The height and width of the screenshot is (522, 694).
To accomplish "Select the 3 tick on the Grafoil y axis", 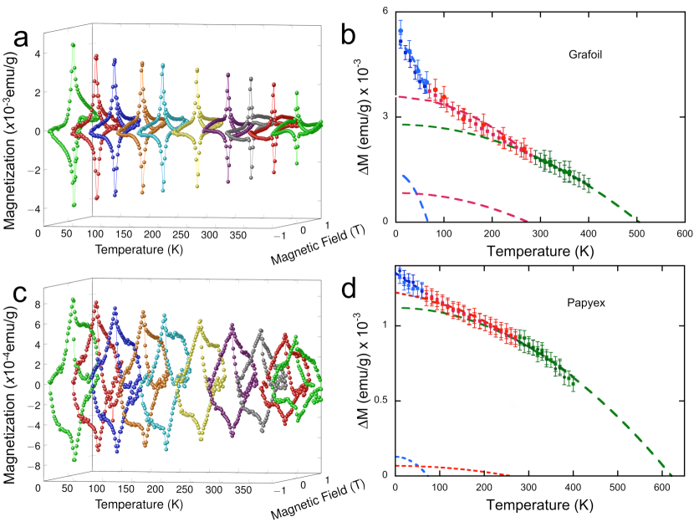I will (x=385, y=115).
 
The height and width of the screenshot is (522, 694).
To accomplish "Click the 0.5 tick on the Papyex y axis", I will (x=380, y=400).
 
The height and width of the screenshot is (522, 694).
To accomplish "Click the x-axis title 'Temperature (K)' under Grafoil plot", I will (x=539, y=249).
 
